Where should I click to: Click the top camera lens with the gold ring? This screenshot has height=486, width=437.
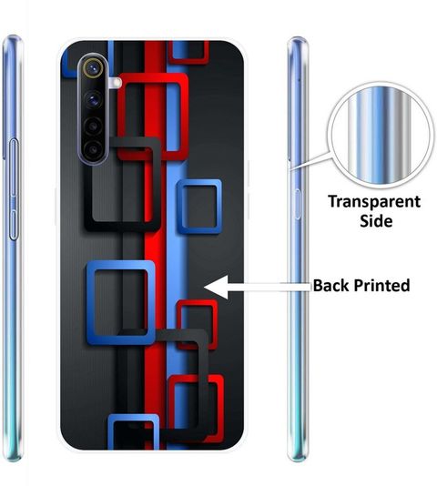click(93, 68)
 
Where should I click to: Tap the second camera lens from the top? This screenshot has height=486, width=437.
click(93, 99)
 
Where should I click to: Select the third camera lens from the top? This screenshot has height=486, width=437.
click(93, 126)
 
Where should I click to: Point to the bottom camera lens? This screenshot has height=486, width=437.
click(93, 150)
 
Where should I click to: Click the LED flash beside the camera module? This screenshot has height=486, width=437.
click(117, 82)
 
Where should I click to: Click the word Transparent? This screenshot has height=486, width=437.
click(374, 201)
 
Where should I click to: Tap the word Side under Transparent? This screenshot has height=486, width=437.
click(376, 220)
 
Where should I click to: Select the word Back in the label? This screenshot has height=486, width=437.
click(330, 285)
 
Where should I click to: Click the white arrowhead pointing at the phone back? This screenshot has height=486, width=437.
click(216, 287)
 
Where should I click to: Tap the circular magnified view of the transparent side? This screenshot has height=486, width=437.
click(381, 135)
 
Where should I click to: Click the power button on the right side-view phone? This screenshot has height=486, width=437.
click(297, 205)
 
